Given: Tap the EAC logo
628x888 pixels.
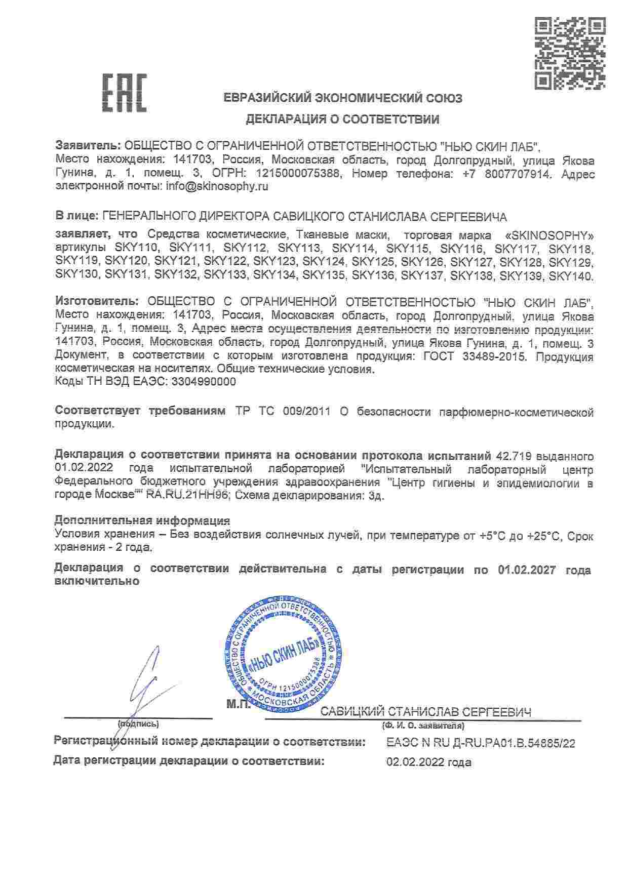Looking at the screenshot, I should coord(125,93).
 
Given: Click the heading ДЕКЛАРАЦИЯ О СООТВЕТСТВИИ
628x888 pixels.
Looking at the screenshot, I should coord(342,120).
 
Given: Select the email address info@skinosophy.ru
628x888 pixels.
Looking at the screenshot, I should coord(217,186).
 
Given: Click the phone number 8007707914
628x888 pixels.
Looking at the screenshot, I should coord(508,174).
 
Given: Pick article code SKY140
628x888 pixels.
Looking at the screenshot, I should coord(570,276).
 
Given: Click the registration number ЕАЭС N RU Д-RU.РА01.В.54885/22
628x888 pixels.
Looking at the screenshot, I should coord(480,743).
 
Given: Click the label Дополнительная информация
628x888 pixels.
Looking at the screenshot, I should coord(142,521).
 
